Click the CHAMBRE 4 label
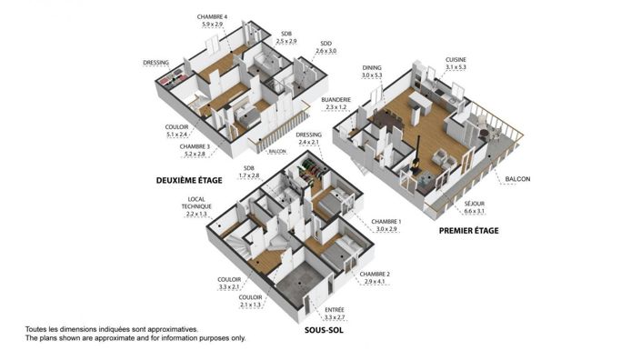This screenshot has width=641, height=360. tap(214, 17)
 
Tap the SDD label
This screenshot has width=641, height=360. tap(326, 43)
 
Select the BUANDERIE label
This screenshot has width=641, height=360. tap(336, 100)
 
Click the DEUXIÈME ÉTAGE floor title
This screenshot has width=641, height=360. tap(189, 180)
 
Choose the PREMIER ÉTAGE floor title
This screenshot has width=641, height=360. tap(469, 230)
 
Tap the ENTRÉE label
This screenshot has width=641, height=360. tap(335, 310)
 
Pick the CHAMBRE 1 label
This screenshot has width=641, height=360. tap(387, 221)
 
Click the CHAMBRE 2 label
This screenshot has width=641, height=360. tap(375, 275)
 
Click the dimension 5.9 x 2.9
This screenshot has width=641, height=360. tap(214, 25)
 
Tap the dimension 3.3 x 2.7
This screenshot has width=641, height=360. tap(335, 318)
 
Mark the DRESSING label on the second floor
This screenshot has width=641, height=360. tap(157, 63)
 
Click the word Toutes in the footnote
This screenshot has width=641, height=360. tap(37, 329)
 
